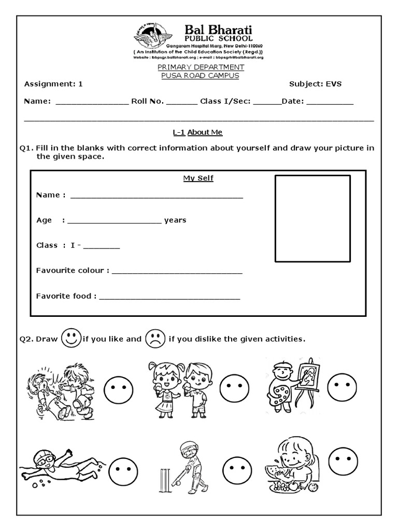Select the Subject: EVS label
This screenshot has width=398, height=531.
pos(315,83)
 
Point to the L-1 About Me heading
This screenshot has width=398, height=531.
pos(197,132)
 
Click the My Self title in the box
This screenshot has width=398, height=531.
pos(198,178)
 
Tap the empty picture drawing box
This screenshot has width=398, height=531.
pos(312,218)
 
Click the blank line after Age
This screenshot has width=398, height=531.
pos(114,221)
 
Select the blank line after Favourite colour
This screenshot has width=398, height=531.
pos(177,271)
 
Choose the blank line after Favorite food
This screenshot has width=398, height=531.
pos(169,297)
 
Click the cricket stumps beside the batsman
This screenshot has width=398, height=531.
pos(165,480)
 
